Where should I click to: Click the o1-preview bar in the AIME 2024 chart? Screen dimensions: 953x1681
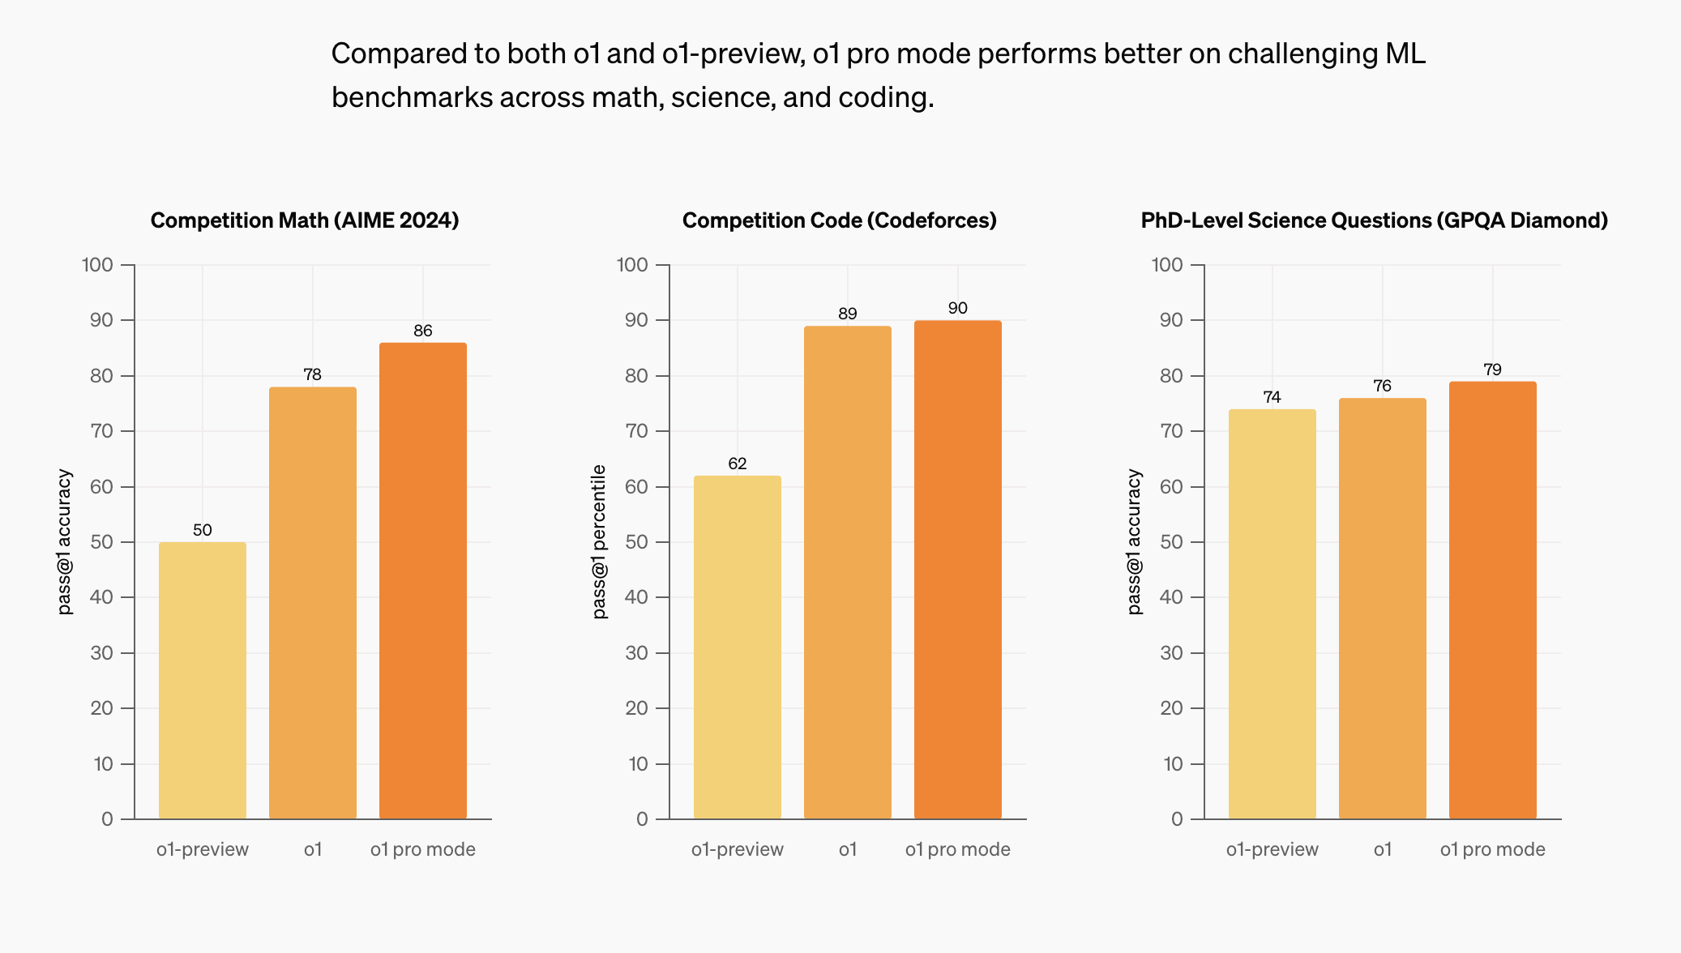click(203, 681)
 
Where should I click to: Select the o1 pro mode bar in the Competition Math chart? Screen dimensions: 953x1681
click(423, 580)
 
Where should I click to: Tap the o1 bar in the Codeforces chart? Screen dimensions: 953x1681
click(848, 572)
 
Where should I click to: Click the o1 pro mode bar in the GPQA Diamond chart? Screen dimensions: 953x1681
click(1493, 600)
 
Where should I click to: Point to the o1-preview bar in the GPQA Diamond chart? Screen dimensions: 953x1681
click(1273, 613)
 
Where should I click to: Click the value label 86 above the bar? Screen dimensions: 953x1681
click(423, 331)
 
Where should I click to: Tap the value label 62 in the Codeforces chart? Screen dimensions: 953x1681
click(738, 464)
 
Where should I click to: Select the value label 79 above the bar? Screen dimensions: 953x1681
click(1492, 370)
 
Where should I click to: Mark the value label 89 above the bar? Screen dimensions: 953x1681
click(848, 314)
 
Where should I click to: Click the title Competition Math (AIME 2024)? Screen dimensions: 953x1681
click(305, 220)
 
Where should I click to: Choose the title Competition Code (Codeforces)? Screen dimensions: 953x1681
click(840, 220)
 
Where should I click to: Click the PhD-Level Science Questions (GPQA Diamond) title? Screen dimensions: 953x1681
click(1374, 220)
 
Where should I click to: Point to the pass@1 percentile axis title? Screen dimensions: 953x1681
click(600, 541)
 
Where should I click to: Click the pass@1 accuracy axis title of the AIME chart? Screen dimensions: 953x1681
click(65, 541)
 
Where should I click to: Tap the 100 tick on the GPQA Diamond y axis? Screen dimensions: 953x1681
click(1167, 265)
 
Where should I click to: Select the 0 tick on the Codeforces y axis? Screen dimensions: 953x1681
click(642, 819)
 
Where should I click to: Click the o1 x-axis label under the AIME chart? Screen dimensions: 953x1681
click(313, 849)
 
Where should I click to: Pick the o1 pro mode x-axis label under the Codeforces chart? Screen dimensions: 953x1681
click(958, 849)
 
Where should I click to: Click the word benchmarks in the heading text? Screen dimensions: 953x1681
click(412, 97)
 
